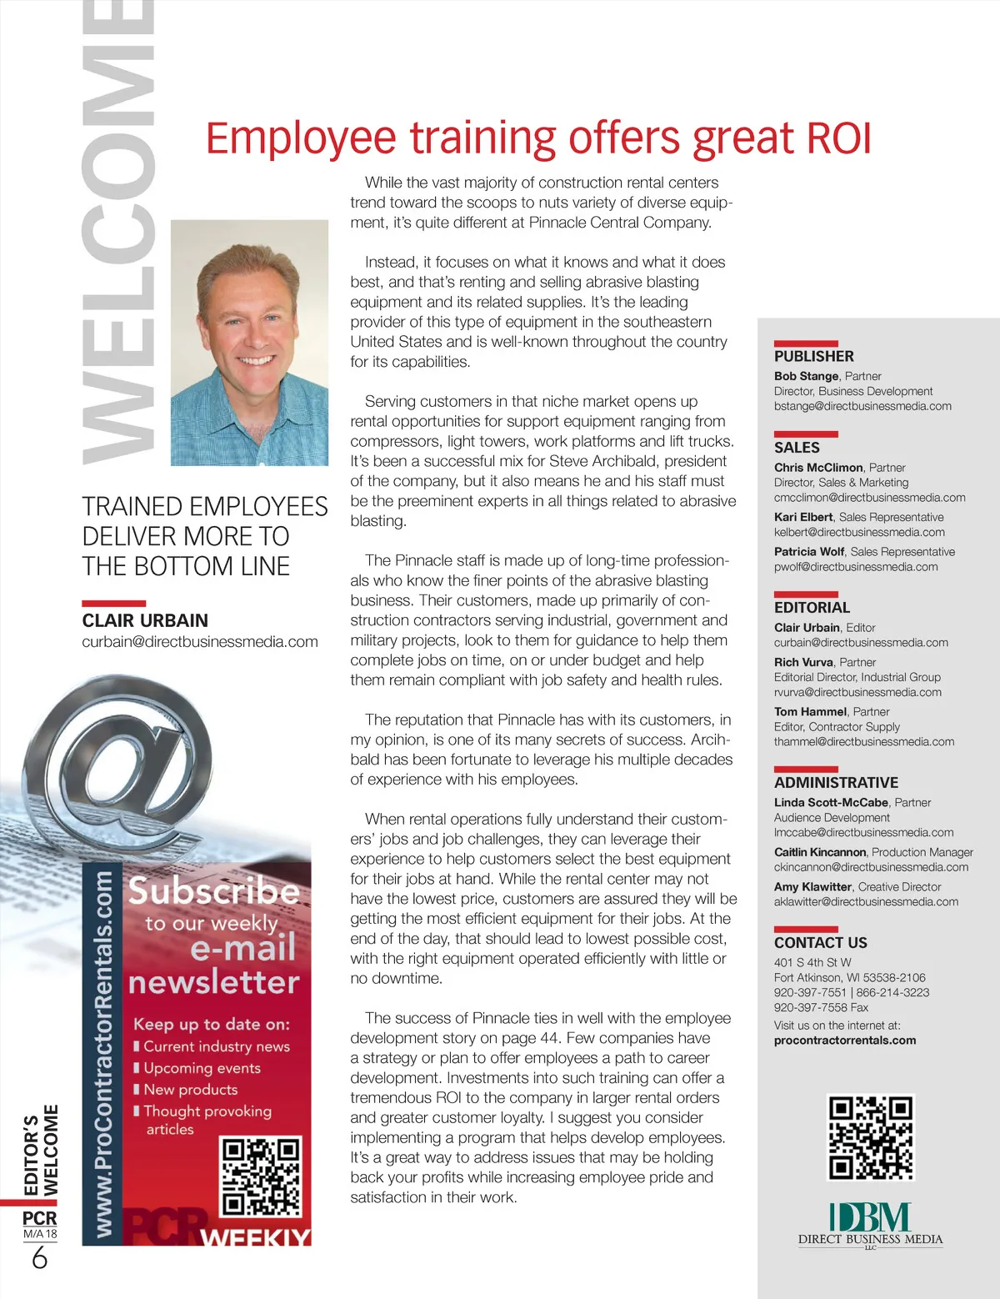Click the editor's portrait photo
pos(249,343)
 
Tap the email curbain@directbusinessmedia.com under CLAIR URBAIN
pos(200,641)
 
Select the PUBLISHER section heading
pos(813,356)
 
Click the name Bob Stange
pos(806,376)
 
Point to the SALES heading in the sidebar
pos(797,447)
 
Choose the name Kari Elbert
pos(803,517)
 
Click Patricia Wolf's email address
pos(856,567)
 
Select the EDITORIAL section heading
pos(812,608)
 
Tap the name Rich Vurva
pos(803,662)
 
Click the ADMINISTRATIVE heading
pos(836,782)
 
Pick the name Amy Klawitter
pos(812,887)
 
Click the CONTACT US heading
pos(820,943)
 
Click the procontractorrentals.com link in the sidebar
pos(844,1041)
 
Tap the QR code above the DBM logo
pos(871,1137)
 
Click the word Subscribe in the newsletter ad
pos(213,891)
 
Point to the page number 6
pos(39,1257)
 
